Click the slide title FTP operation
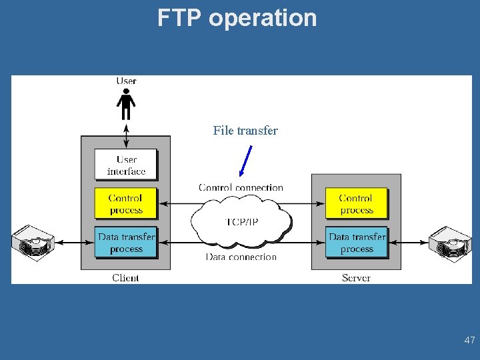click(x=237, y=17)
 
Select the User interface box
click(x=126, y=165)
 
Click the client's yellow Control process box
click(x=126, y=203)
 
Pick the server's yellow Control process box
click(x=356, y=203)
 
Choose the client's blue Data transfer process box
click(x=126, y=243)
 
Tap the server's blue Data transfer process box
click(x=356, y=243)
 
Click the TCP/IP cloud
click(x=241, y=221)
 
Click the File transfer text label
click(x=245, y=131)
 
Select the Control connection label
click(x=241, y=187)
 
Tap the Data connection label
click(x=241, y=257)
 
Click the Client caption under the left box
click(x=125, y=277)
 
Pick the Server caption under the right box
click(x=356, y=277)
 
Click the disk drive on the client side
click(x=33, y=241)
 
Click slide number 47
click(x=469, y=340)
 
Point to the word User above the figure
click(x=126, y=81)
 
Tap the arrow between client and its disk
click(x=69, y=243)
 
